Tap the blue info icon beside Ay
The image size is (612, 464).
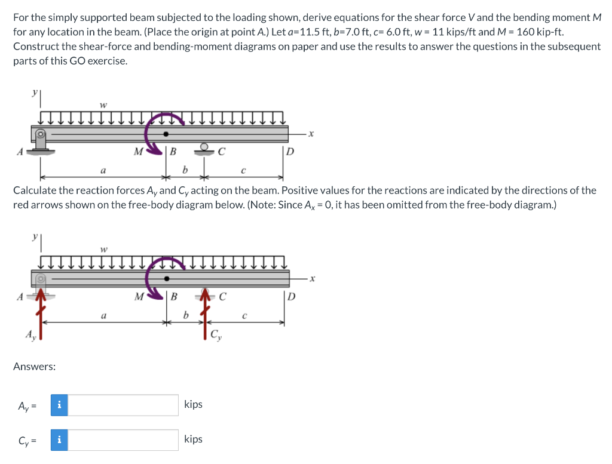coord(59,405)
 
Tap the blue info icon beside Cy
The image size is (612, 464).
coord(59,440)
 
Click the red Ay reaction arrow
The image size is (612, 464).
coord(40,316)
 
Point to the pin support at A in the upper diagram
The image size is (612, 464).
coord(41,141)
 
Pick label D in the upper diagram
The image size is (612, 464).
coord(290,152)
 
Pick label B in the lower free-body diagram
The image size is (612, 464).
coord(174,296)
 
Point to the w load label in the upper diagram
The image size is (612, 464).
coord(103,105)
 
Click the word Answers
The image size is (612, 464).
coord(35,366)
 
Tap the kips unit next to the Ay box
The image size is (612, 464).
coord(193,404)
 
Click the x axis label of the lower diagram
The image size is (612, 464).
coord(311,278)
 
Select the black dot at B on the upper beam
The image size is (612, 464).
coord(166,133)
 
